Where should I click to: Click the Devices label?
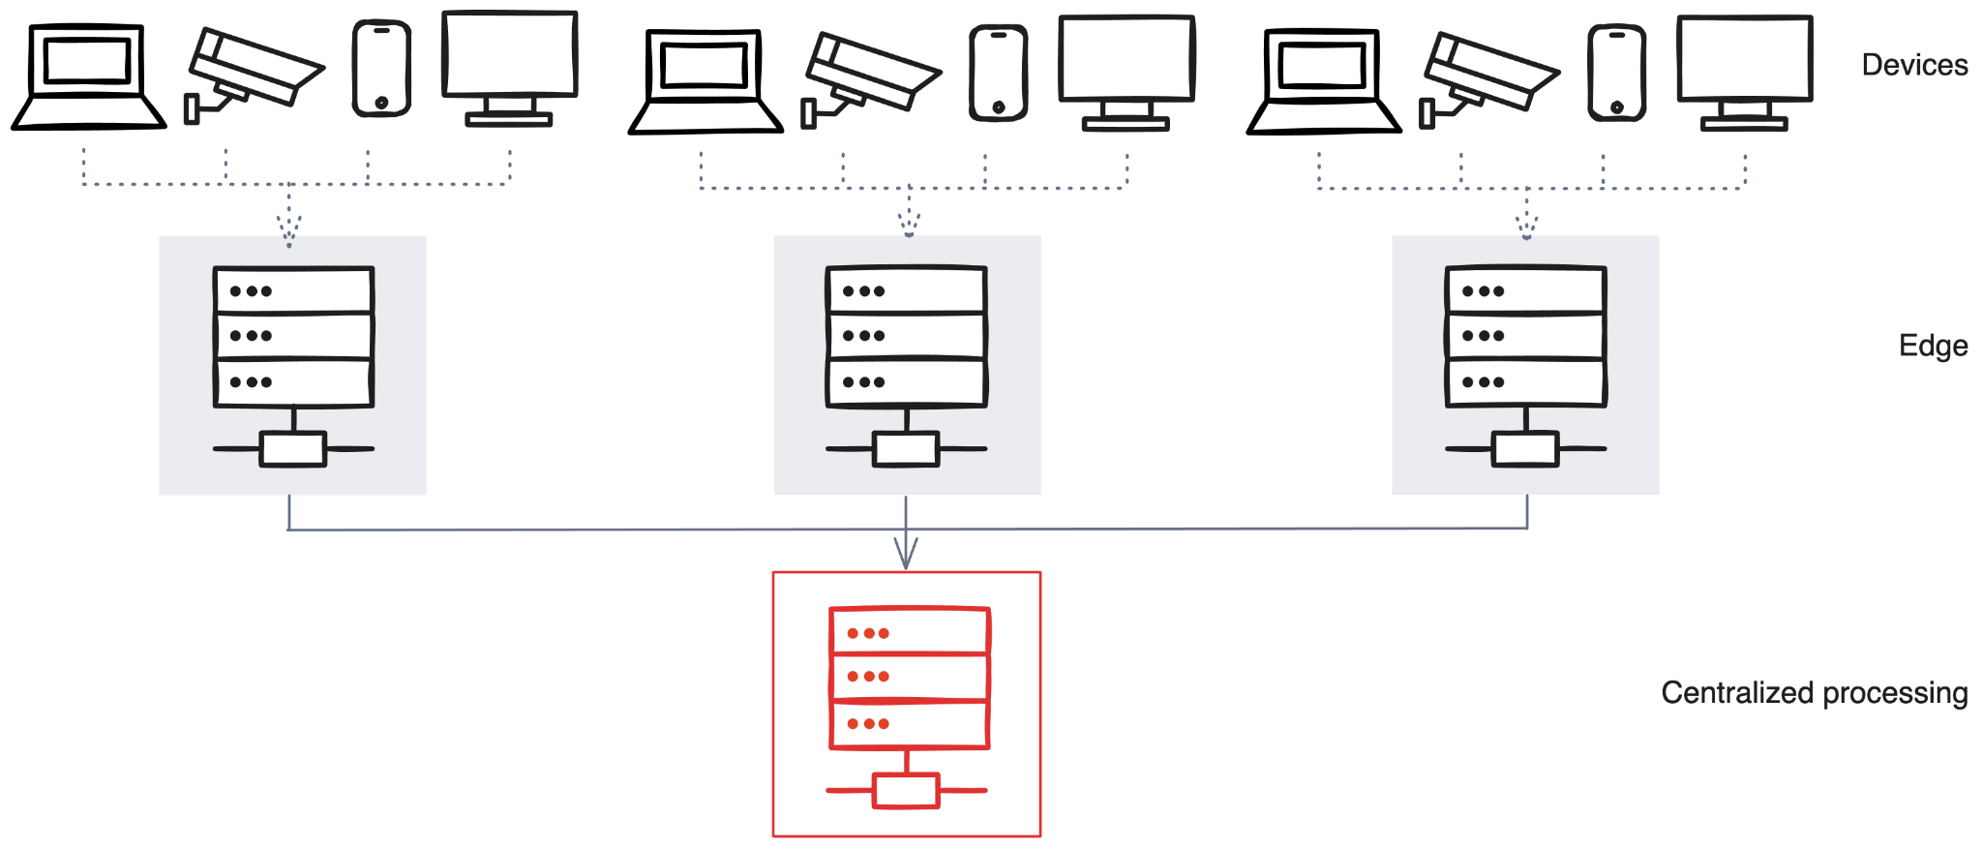(1913, 65)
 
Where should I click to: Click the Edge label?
(1932, 346)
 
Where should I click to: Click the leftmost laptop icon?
(88, 77)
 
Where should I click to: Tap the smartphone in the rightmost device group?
(1616, 74)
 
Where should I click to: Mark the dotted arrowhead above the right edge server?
(1526, 228)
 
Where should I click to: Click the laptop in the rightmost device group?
(1323, 81)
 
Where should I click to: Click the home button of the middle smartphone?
(999, 106)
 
